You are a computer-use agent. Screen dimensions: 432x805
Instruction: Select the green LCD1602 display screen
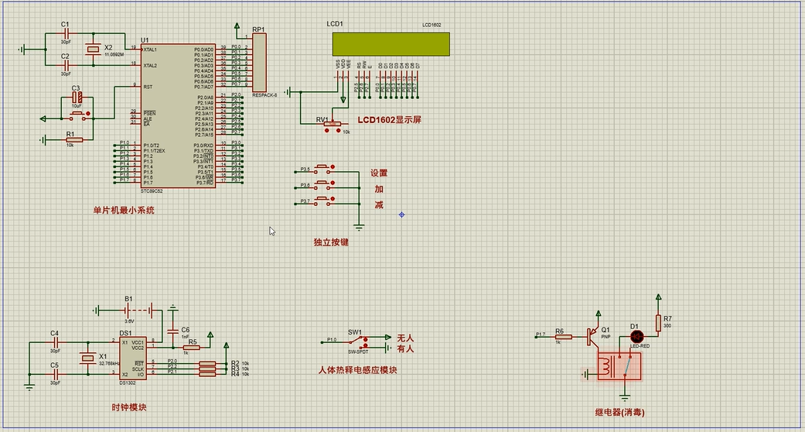point(390,44)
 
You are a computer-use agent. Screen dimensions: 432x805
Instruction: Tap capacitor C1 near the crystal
point(66,33)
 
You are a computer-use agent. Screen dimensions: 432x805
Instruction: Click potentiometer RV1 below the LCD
point(333,124)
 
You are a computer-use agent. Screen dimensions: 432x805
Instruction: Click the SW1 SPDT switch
point(357,340)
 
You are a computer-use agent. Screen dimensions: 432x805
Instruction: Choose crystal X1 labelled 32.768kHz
point(85,358)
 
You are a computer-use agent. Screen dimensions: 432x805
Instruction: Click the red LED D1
point(636,336)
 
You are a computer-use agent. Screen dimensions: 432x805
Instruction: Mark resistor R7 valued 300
point(658,322)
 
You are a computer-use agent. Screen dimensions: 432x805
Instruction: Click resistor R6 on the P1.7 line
point(562,337)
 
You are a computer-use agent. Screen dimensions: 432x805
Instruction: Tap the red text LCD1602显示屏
point(389,121)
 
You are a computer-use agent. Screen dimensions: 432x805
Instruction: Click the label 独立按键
point(331,242)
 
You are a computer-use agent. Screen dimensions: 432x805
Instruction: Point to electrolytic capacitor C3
point(77,98)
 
